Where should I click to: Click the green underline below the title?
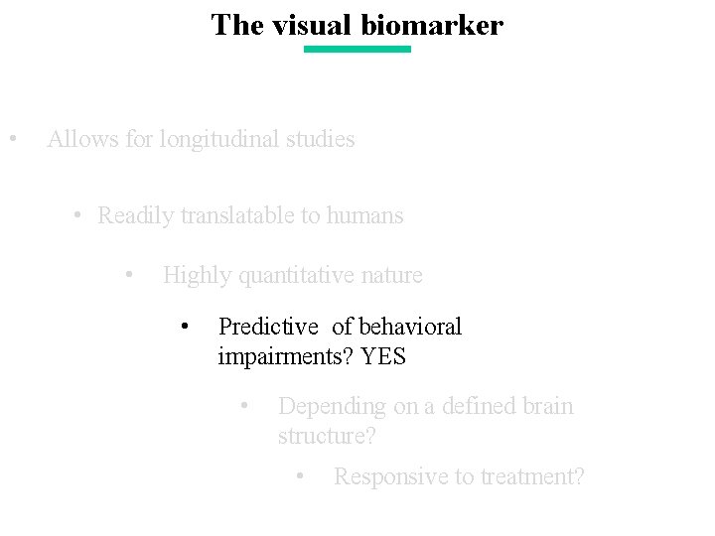(x=357, y=49)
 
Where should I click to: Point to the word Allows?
(x=83, y=139)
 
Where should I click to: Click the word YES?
(x=384, y=356)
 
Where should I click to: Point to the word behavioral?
(x=410, y=327)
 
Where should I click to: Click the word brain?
(x=547, y=406)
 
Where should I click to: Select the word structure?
(x=324, y=436)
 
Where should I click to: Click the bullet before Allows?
(x=11, y=138)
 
